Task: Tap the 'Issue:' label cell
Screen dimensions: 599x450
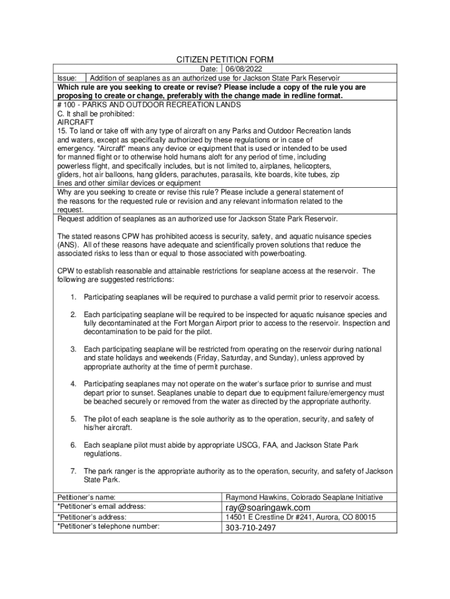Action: [67, 78]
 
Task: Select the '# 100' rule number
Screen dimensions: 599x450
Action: [66, 105]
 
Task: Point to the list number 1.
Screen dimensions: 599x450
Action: [74, 297]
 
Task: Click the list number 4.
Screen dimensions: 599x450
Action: [74, 384]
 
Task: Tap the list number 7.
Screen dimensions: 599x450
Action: [74, 471]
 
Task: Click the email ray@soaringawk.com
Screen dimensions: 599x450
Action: [268, 507]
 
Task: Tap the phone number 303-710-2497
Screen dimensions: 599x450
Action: [251, 528]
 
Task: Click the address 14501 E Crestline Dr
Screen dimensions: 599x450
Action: [269, 517]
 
